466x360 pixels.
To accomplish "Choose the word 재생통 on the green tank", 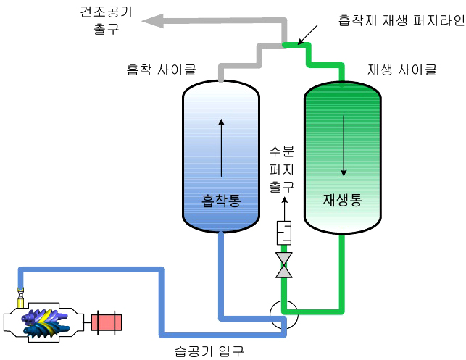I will coord(342,199).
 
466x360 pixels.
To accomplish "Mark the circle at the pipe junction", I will coord(282,315).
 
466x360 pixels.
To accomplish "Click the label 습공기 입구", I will coord(209,351).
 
